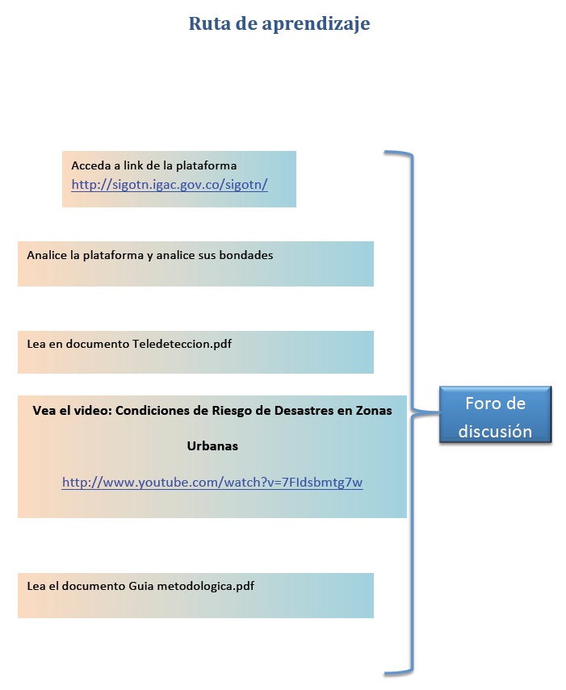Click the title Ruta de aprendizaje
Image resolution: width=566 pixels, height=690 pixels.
tap(279, 24)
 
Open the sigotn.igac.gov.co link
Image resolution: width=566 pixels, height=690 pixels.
tap(170, 184)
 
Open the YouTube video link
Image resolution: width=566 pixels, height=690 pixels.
tap(212, 483)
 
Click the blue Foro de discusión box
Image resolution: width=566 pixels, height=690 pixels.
tap(495, 415)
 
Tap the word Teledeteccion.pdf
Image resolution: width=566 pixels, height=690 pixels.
tap(182, 344)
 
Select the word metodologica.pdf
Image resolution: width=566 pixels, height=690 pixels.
tap(206, 586)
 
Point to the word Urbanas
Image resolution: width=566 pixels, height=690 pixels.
tap(212, 445)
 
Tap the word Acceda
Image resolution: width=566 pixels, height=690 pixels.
tap(91, 165)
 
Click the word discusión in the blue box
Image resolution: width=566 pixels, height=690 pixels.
tap(495, 431)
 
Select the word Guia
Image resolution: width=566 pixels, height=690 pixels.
tap(140, 586)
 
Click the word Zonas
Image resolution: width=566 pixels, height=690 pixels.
tap(374, 411)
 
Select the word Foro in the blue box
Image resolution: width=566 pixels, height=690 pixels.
tap(479, 404)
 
